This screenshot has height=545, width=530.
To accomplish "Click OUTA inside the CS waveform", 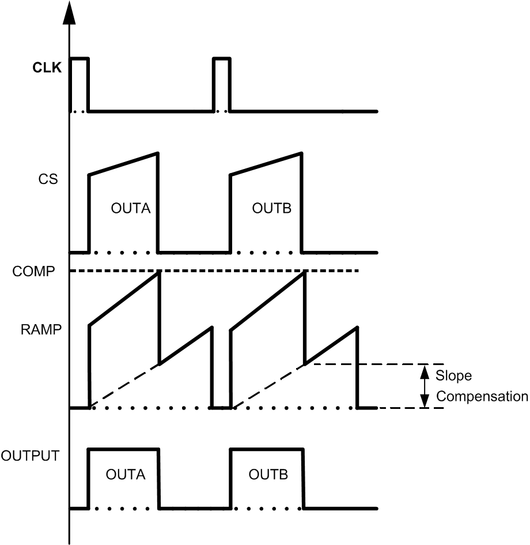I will pyautogui.click(x=131, y=208).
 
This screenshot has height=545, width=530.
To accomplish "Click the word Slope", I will pyautogui.click(x=453, y=376).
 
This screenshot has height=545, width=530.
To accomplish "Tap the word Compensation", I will pyautogui.click(x=482, y=396).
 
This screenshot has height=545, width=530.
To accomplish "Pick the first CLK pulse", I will pyautogui.click(x=79, y=59).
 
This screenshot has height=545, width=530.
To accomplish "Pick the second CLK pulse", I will pyautogui.click(x=221, y=59).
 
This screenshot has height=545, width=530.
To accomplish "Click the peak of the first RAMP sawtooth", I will pyautogui.click(x=158, y=273).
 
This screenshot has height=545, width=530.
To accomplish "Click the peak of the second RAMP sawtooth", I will pyautogui.click(x=303, y=273).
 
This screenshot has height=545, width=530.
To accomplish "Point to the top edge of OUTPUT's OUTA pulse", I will pyautogui.click(x=123, y=449).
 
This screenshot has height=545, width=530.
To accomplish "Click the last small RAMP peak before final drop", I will pyautogui.click(x=357, y=328).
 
